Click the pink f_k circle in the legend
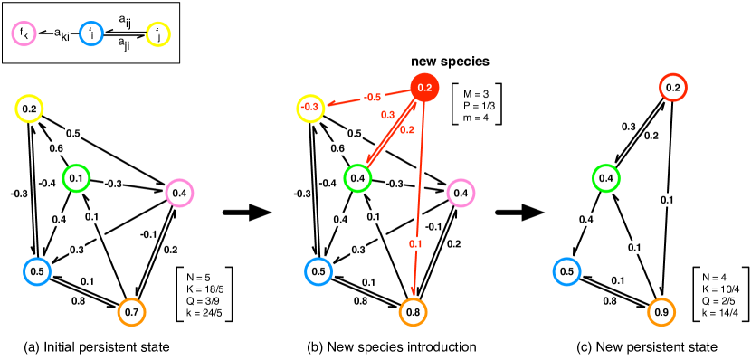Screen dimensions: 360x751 click(24, 33)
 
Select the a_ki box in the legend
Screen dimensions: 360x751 click(62, 34)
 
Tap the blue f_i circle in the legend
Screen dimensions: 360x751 click(91, 33)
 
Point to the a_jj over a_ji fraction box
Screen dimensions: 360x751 click(124, 33)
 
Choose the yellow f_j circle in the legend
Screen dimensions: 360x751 click(158, 34)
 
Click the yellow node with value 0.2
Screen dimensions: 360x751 click(29, 109)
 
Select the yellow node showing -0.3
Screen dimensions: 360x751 click(310, 108)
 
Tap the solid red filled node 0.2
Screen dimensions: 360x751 click(424, 87)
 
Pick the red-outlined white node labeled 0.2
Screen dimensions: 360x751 click(672, 88)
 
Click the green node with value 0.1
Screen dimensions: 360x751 click(76, 178)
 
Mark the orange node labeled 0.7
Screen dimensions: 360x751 click(131, 312)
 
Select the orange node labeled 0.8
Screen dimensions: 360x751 click(413, 312)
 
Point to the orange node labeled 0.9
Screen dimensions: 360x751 click(661, 312)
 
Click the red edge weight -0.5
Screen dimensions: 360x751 click(373, 97)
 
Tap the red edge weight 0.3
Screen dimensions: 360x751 click(387, 115)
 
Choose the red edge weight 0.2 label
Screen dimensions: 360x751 click(406, 129)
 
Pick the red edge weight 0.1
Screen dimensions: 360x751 click(415, 243)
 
